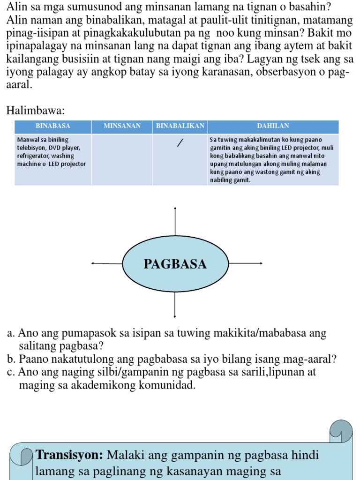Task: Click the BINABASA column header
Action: pos(53,126)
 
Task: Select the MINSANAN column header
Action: pos(122,126)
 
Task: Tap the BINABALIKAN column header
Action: pos(180,126)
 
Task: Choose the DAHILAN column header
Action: pos(273,126)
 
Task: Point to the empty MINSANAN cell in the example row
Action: pos(122,159)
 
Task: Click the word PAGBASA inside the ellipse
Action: pos(175,264)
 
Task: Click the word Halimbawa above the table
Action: pos(35,111)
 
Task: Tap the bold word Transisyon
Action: pos(70,455)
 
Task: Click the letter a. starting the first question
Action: pos(11,334)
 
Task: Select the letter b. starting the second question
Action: pos(11,360)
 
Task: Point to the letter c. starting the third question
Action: pos(11,373)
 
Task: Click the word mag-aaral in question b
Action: pos(310,360)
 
